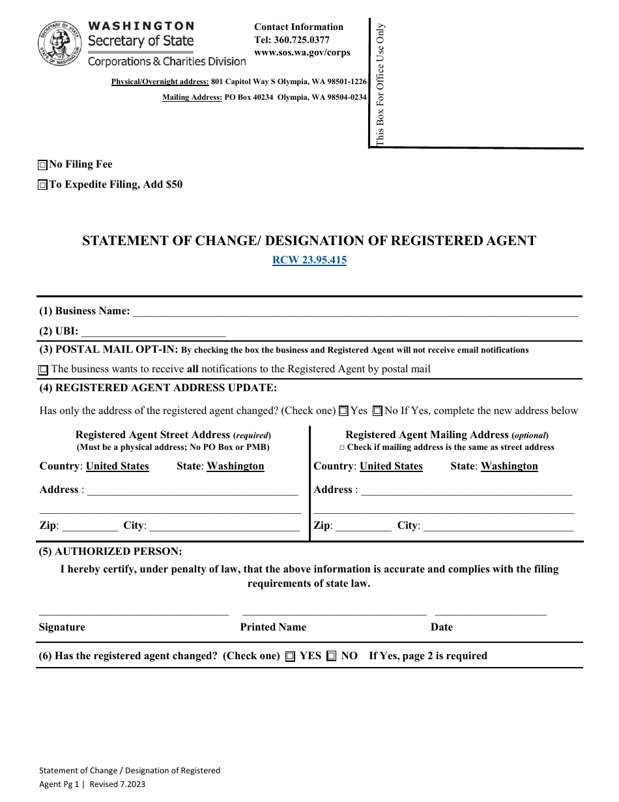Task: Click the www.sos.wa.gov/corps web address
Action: (x=302, y=52)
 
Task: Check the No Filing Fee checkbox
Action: (x=43, y=165)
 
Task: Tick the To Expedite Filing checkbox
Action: (x=43, y=185)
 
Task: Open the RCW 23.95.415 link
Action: (x=309, y=260)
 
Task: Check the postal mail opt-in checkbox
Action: (x=44, y=370)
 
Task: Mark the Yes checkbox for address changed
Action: (x=343, y=411)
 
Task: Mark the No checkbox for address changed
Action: (x=377, y=411)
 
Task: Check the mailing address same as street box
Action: (x=342, y=448)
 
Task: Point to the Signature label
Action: (x=62, y=627)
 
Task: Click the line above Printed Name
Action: (x=334, y=614)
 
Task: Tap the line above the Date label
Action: (x=490, y=614)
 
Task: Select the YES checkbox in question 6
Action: (x=291, y=657)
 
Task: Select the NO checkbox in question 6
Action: (x=332, y=657)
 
